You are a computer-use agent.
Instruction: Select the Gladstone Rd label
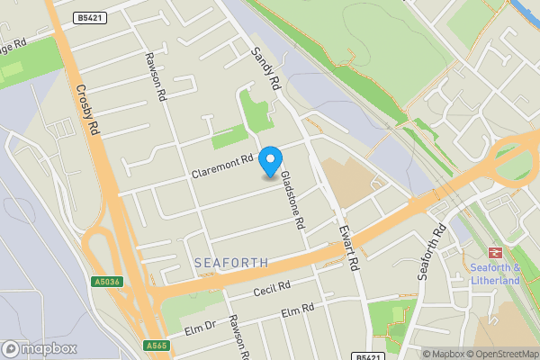pyautogui.click(x=293, y=200)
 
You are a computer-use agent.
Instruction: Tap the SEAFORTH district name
pyautogui.click(x=231, y=263)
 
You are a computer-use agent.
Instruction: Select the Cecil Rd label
pyautogui.click(x=272, y=288)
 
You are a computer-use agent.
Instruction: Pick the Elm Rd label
pyautogui.click(x=297, y=311)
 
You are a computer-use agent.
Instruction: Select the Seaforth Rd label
pyautogui.click(x=432, y=252)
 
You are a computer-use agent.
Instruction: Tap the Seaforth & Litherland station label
pyautogui.click(x=496, y=274)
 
